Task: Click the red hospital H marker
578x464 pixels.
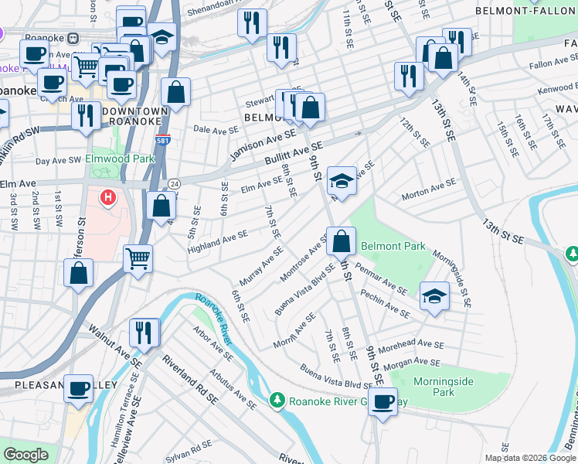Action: click(x=108, y=199)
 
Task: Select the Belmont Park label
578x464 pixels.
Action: click(x=394, y=247)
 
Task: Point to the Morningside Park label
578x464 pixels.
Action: click(x=432, y=387)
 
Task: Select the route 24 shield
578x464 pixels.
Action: click(x=175, y=183)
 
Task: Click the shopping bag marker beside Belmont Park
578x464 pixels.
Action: click(x=341, y=241)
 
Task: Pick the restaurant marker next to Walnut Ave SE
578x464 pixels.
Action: click(x=144, y=332)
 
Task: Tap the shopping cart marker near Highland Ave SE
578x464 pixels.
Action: click(x=138, y=258)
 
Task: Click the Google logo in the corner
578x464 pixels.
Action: click(x=26, y=455)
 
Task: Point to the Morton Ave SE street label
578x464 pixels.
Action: click(x=428, y=186)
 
